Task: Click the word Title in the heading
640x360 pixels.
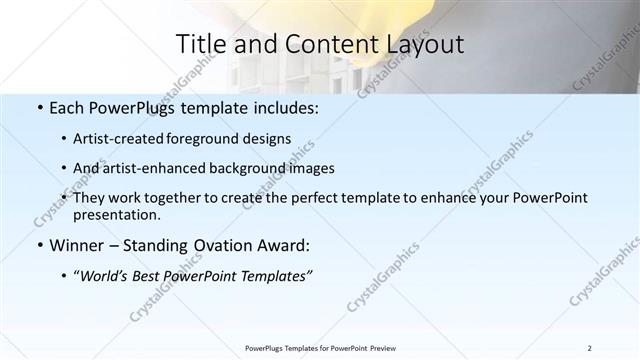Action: click(200, 44)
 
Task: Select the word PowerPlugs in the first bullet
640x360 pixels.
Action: click(134, 107)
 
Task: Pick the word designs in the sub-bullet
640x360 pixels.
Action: click(269, 139)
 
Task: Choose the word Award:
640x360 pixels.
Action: click(283, 245)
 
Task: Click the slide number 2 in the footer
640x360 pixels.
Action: click(589, 348)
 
